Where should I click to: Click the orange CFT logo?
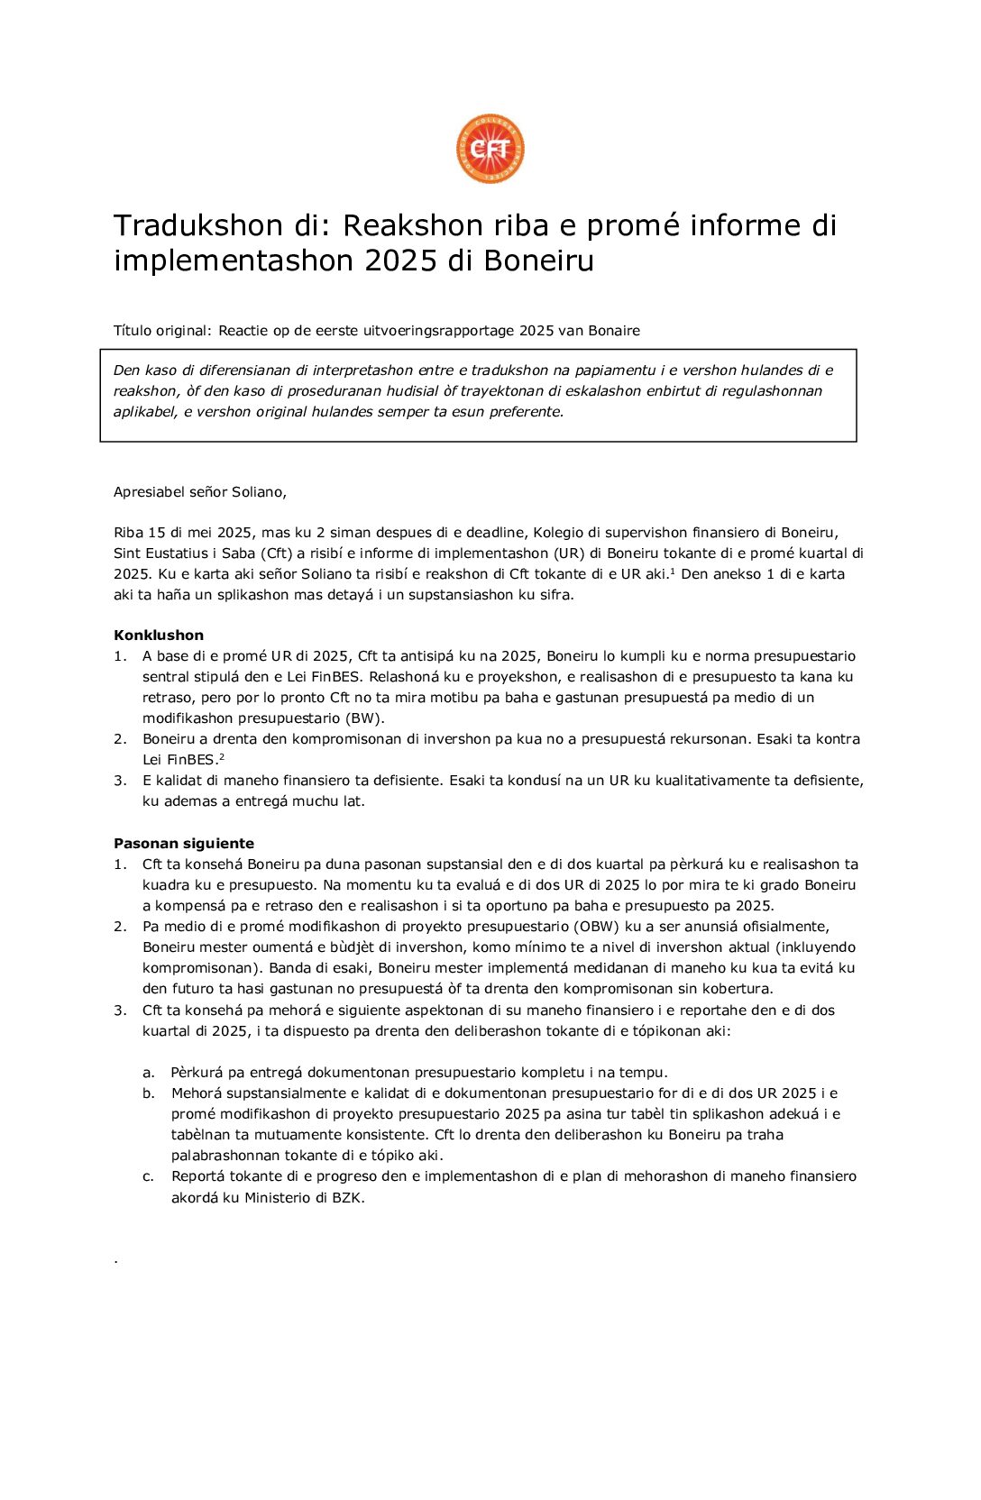point(490,149)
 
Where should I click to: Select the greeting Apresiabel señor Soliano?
point(199,491)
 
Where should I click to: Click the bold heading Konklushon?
point(159,635)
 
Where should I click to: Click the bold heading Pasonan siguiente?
point(184,843)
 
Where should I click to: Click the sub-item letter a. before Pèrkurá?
point(148,1073)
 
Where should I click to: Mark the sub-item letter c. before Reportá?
point(148,1176)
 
